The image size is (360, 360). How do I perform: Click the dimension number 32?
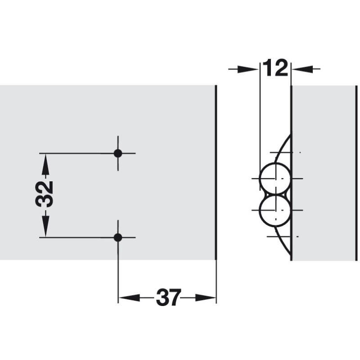45,194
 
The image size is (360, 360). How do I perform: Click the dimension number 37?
169,297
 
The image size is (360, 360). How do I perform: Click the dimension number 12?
275,68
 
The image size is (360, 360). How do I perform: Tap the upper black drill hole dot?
118,153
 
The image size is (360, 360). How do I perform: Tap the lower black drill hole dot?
118,238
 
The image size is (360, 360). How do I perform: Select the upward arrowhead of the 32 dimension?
46,164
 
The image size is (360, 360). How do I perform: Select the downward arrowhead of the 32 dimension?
46,226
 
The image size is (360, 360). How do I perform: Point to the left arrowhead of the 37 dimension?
130,298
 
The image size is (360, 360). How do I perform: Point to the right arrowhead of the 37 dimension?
206,298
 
